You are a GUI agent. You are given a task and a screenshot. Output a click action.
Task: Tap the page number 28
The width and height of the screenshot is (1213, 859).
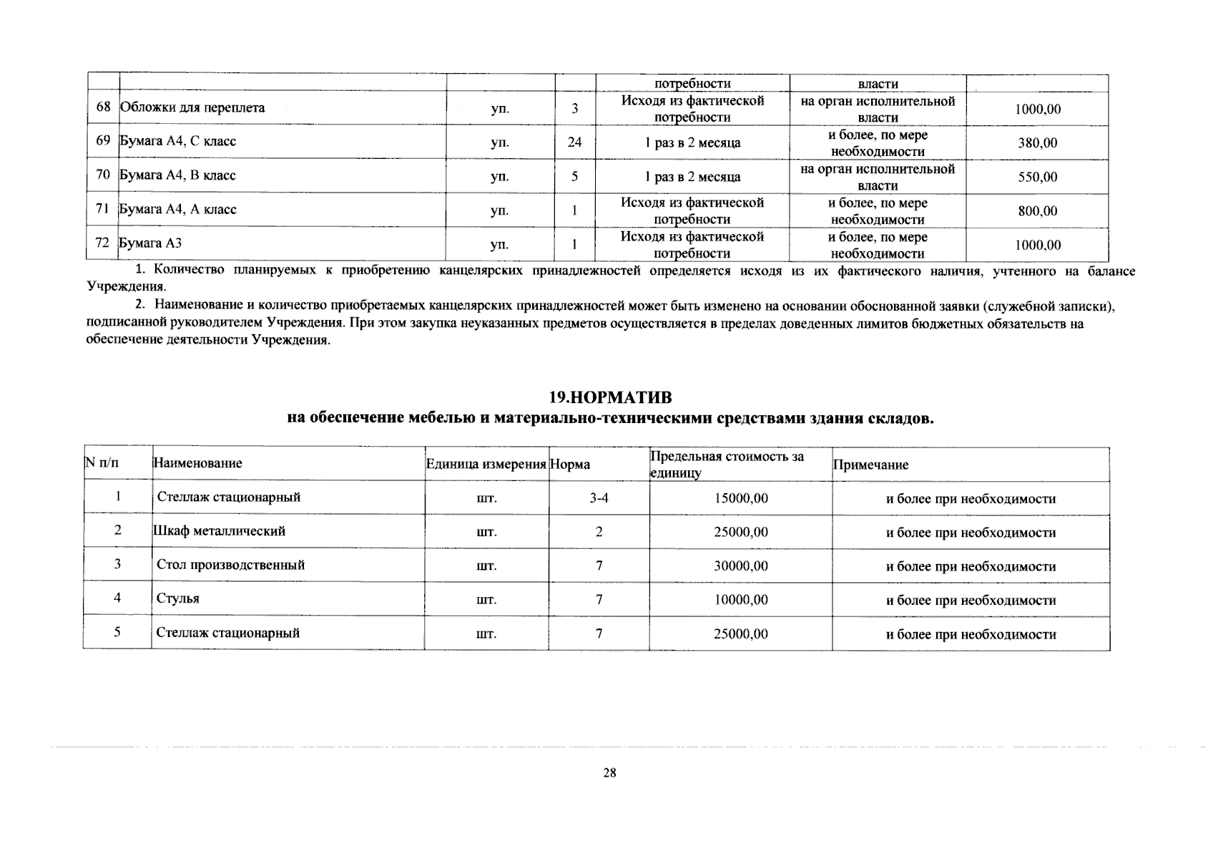click(609, 773)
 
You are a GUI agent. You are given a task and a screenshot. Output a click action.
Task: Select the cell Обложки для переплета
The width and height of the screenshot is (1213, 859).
click(192, 108)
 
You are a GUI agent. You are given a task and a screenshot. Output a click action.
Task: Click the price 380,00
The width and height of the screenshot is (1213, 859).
click(1037, 142)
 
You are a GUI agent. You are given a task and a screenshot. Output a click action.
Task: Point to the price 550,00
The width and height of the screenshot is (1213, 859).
click(1037, 177)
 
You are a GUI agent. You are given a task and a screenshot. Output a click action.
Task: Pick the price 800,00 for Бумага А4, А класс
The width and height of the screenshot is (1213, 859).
click(1037, 211)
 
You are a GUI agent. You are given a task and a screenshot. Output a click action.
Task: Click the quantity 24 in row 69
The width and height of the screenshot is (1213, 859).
click(574, 142)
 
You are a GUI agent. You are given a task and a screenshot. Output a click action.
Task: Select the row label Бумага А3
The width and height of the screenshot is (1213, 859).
click(150, 243)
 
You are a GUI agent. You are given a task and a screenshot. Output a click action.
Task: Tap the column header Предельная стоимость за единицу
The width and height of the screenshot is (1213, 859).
click(727, 464)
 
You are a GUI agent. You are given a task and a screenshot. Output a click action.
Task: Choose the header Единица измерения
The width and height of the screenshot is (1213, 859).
click(486, 465)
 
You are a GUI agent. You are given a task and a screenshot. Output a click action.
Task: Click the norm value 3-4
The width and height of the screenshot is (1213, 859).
click(599, 498)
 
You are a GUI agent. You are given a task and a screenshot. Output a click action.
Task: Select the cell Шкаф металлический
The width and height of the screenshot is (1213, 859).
click(220, 531)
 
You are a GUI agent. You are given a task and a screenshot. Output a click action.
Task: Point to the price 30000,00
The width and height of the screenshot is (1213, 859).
click(741, 566)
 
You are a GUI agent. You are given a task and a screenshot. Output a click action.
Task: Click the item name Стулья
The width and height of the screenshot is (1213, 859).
click(178, 598)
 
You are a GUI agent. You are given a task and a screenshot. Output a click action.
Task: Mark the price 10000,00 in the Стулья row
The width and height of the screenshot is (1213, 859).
click(741, 600)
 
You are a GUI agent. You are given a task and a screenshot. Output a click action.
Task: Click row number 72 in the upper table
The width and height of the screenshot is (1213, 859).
click(102, 243)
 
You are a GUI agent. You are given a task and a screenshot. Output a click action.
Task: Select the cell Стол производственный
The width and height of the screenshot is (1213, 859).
click(230, 565)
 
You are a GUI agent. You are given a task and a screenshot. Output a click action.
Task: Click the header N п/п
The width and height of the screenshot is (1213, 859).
click(102, 463)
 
